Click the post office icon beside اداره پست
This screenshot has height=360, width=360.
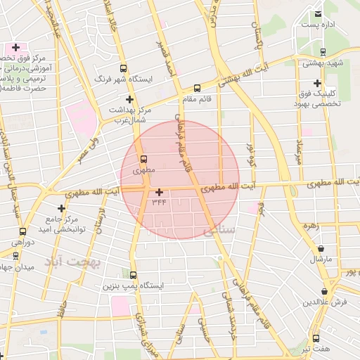(319, 13)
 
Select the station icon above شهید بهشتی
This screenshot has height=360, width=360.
(323, 51)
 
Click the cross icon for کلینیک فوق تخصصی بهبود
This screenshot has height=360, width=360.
(318, 83)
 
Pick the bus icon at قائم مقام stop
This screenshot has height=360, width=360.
(197, 89)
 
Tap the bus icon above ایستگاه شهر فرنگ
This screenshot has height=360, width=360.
(123, 69)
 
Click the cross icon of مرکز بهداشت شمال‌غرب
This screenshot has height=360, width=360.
(130, 99)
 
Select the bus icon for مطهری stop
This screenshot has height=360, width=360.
(143, 159)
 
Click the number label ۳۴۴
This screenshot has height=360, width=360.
(159, 202)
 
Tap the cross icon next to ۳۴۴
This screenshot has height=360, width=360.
(160, 191)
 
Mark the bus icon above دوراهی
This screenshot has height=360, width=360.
(23, 231)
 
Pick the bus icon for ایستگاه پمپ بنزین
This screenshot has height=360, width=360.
(133, 276)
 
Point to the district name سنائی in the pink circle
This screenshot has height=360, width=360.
(218, 230)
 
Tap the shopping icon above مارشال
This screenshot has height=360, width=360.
(321, 248)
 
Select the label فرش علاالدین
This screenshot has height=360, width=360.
(326, 302)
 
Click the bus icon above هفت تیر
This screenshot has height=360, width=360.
(316, 337)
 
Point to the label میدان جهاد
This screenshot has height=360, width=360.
(12, 266)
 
